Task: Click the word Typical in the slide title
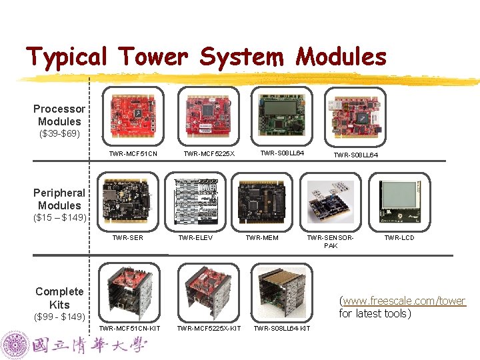66,57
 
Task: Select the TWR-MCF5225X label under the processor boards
209,154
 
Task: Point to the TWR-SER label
127,237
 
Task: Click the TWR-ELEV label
195,237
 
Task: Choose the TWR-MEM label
262,237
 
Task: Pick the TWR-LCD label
399,237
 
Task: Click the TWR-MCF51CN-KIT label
129,328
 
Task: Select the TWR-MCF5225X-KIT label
209,328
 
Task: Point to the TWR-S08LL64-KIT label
281,328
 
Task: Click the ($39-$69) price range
57,134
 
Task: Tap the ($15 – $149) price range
59,218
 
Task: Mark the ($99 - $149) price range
59,316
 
